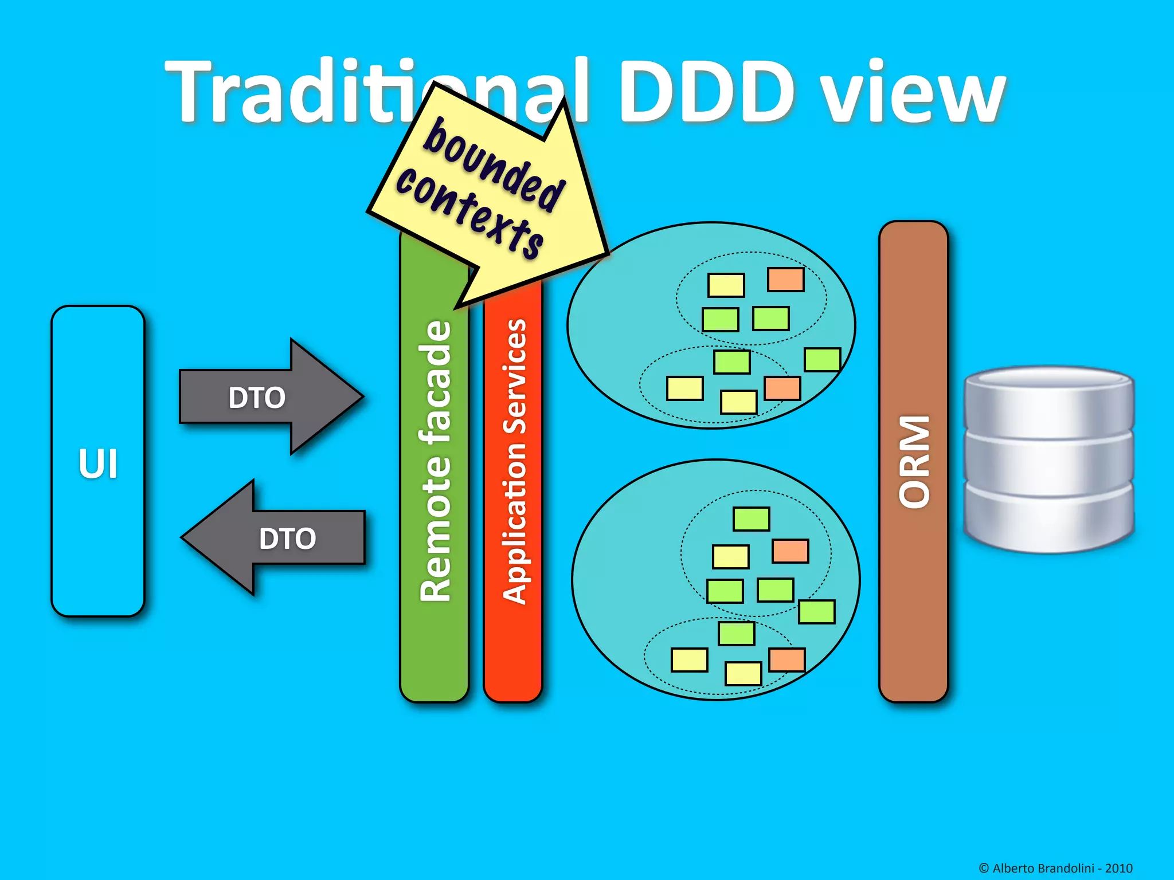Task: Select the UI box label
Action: click(x=98, y=463)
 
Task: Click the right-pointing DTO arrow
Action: click(x=257, y=397)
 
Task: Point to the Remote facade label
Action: click(x=435, y=461)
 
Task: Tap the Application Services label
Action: click(x=514, y=461)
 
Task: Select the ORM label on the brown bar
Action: click(x=914, y=461)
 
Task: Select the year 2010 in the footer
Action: click(x=1118, y=868)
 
